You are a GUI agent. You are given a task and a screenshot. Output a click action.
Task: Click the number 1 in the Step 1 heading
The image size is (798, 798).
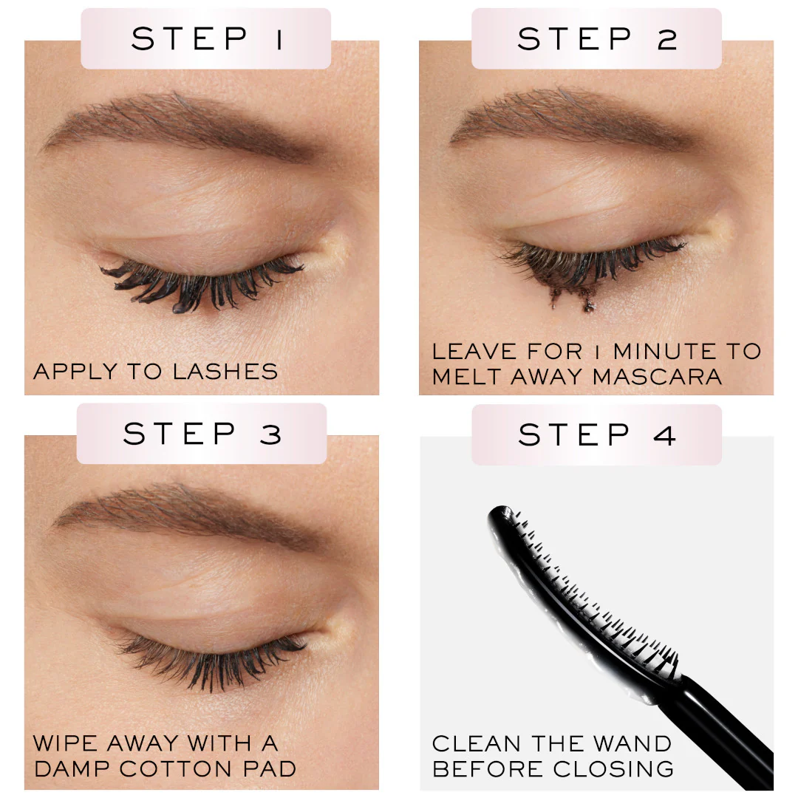279,39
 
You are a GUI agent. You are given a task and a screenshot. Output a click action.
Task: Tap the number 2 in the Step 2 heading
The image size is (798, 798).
667,39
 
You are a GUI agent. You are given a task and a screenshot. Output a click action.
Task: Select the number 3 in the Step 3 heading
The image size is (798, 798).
270,434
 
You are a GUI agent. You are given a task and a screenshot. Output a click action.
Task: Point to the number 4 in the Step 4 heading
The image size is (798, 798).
665,435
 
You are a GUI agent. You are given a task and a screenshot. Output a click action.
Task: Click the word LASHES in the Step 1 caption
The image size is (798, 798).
225,372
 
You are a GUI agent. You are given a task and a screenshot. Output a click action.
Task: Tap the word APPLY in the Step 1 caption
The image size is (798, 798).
75,372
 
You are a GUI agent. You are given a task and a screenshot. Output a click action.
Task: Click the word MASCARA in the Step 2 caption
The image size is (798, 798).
657,377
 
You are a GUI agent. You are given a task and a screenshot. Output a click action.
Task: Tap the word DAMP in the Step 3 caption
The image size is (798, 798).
72,768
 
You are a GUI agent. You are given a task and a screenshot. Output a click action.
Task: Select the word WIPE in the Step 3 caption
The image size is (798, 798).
64,743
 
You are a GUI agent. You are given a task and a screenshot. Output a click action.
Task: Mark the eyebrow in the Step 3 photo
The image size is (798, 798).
188,514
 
